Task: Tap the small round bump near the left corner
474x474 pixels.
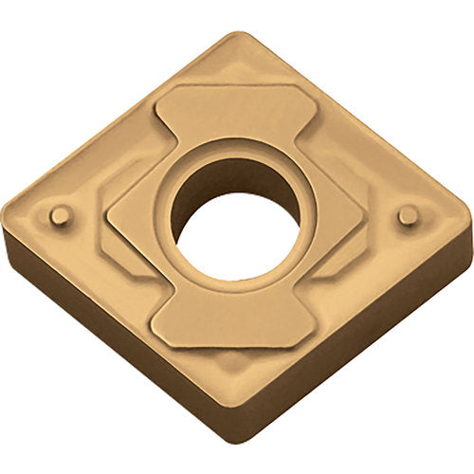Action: pyautogui.click(x=60, y=216)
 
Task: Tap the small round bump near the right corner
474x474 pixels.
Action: pyautogui.click(x=409, y=216)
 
